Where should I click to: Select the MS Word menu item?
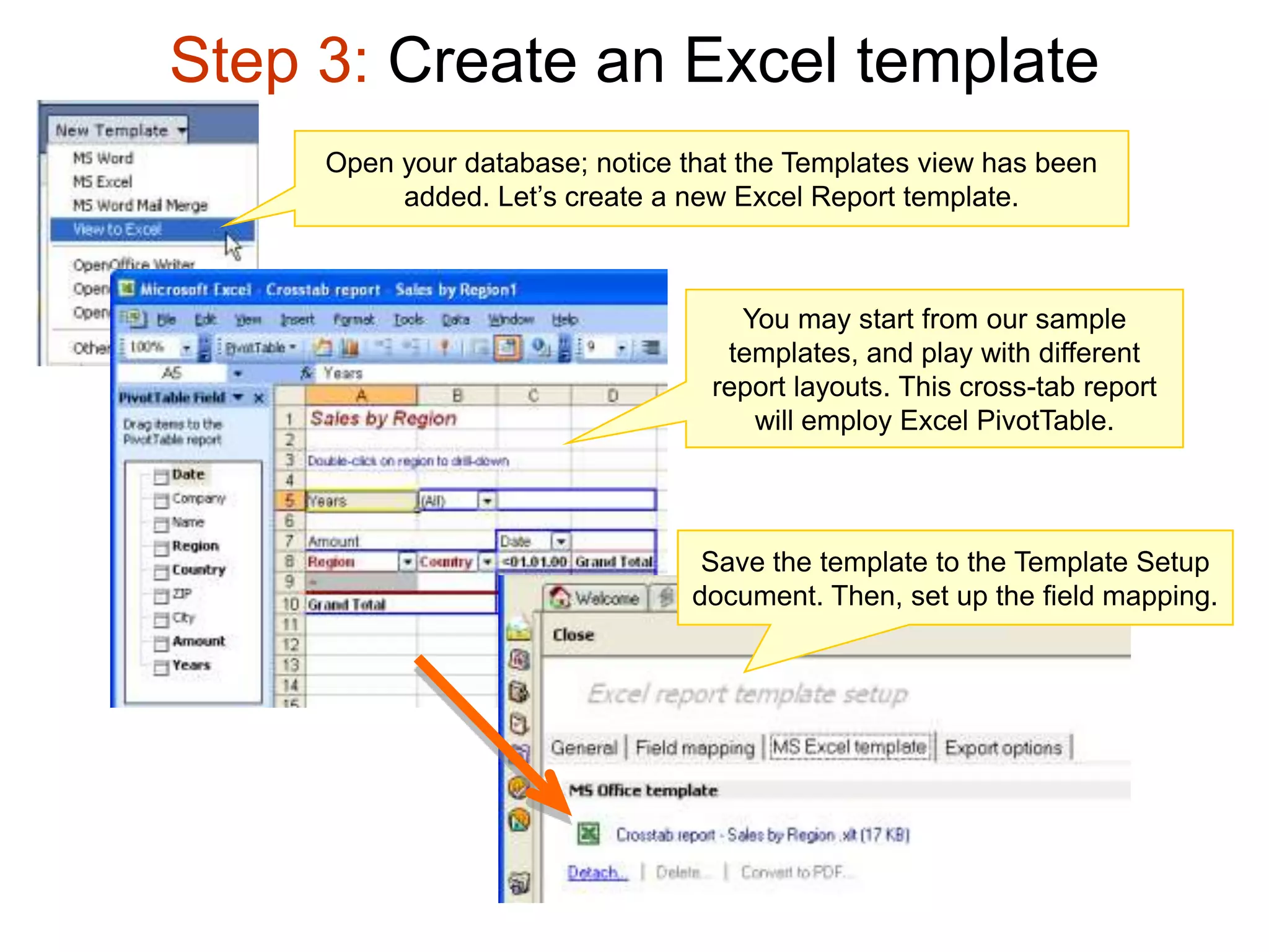[103, 158]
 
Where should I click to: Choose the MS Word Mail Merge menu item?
[140, 205]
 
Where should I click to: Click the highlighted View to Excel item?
[118, 229]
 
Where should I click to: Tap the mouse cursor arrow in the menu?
[232, 245]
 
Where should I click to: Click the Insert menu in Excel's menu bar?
[297, 320]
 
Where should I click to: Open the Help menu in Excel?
[564, 320]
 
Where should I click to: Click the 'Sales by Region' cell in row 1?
[383, 418]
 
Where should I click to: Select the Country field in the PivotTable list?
[198, 570]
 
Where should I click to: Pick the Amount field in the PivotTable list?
[198, 641]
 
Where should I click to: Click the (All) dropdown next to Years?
[488, 500]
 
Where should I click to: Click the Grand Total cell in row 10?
[347, 604]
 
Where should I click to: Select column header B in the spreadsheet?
[457, 395]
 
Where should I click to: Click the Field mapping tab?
[695, 747]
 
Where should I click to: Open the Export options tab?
[1003, 747]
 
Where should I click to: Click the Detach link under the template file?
[597, 873]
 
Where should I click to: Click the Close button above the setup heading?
[573, 635]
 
